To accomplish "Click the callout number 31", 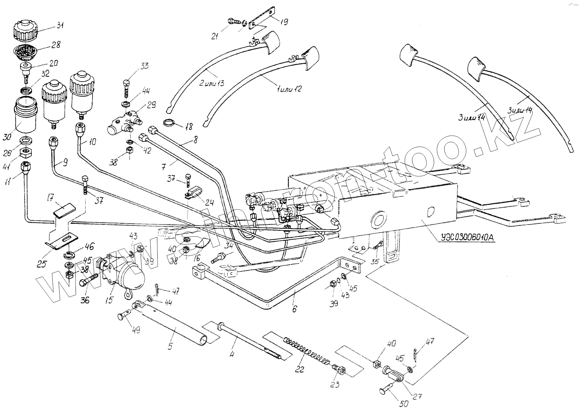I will pos(60,25).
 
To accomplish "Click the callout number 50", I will pos(404,403).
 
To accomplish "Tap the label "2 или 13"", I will pos(212,83).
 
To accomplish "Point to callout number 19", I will pos(283,22).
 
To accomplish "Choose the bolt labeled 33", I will pos(126,88).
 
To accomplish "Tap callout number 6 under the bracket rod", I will pos(294,308).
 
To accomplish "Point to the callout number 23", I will pos(335,384).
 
